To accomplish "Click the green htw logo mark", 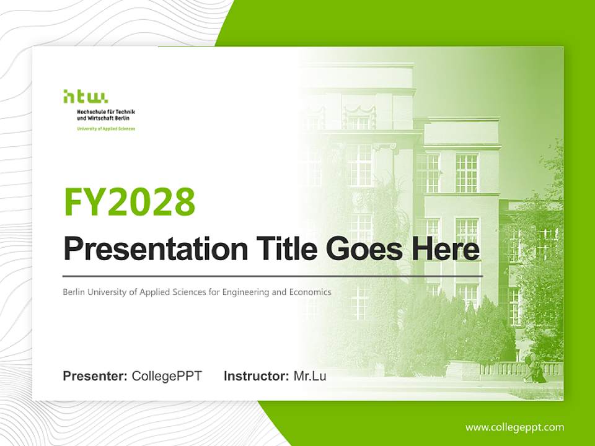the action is tap(86, 97).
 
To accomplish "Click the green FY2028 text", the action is tap(130, 201).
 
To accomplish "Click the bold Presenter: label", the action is tap(95, 376).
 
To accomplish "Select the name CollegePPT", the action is tap(167, 376).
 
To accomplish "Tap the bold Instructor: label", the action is tap(257, 376).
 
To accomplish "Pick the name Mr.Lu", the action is tap(310, 376).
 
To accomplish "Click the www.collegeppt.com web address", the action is tap(514, 427).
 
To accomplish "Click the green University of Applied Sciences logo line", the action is tap(106, 129).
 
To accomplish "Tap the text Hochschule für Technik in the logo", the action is tap(106, 112).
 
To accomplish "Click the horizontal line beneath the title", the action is tap(273, 276).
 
